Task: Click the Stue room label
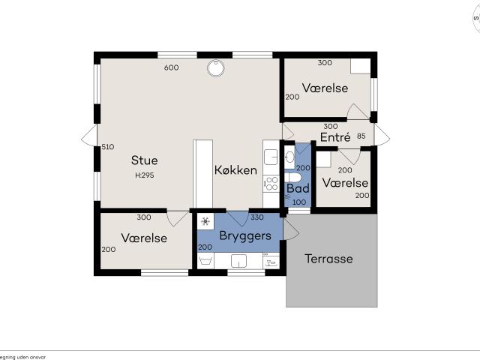point(144,160)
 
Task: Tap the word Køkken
point(235,170)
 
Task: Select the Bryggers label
point(244,235)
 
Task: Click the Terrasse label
point(328,259)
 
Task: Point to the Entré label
point(335,138)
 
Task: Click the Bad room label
point(298,188)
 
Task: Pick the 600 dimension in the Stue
point(171,67)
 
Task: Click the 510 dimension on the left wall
point(107,147)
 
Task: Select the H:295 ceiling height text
point(144,175)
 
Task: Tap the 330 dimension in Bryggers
point(256,217)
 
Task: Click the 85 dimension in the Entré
point(361,136)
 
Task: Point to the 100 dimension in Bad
point(298,202)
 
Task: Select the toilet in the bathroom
point(294,178)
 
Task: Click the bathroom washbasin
point(289,157)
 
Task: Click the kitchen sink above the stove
point(271,157)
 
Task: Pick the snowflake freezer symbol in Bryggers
point(205,222)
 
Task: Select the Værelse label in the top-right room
point(325,88)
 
